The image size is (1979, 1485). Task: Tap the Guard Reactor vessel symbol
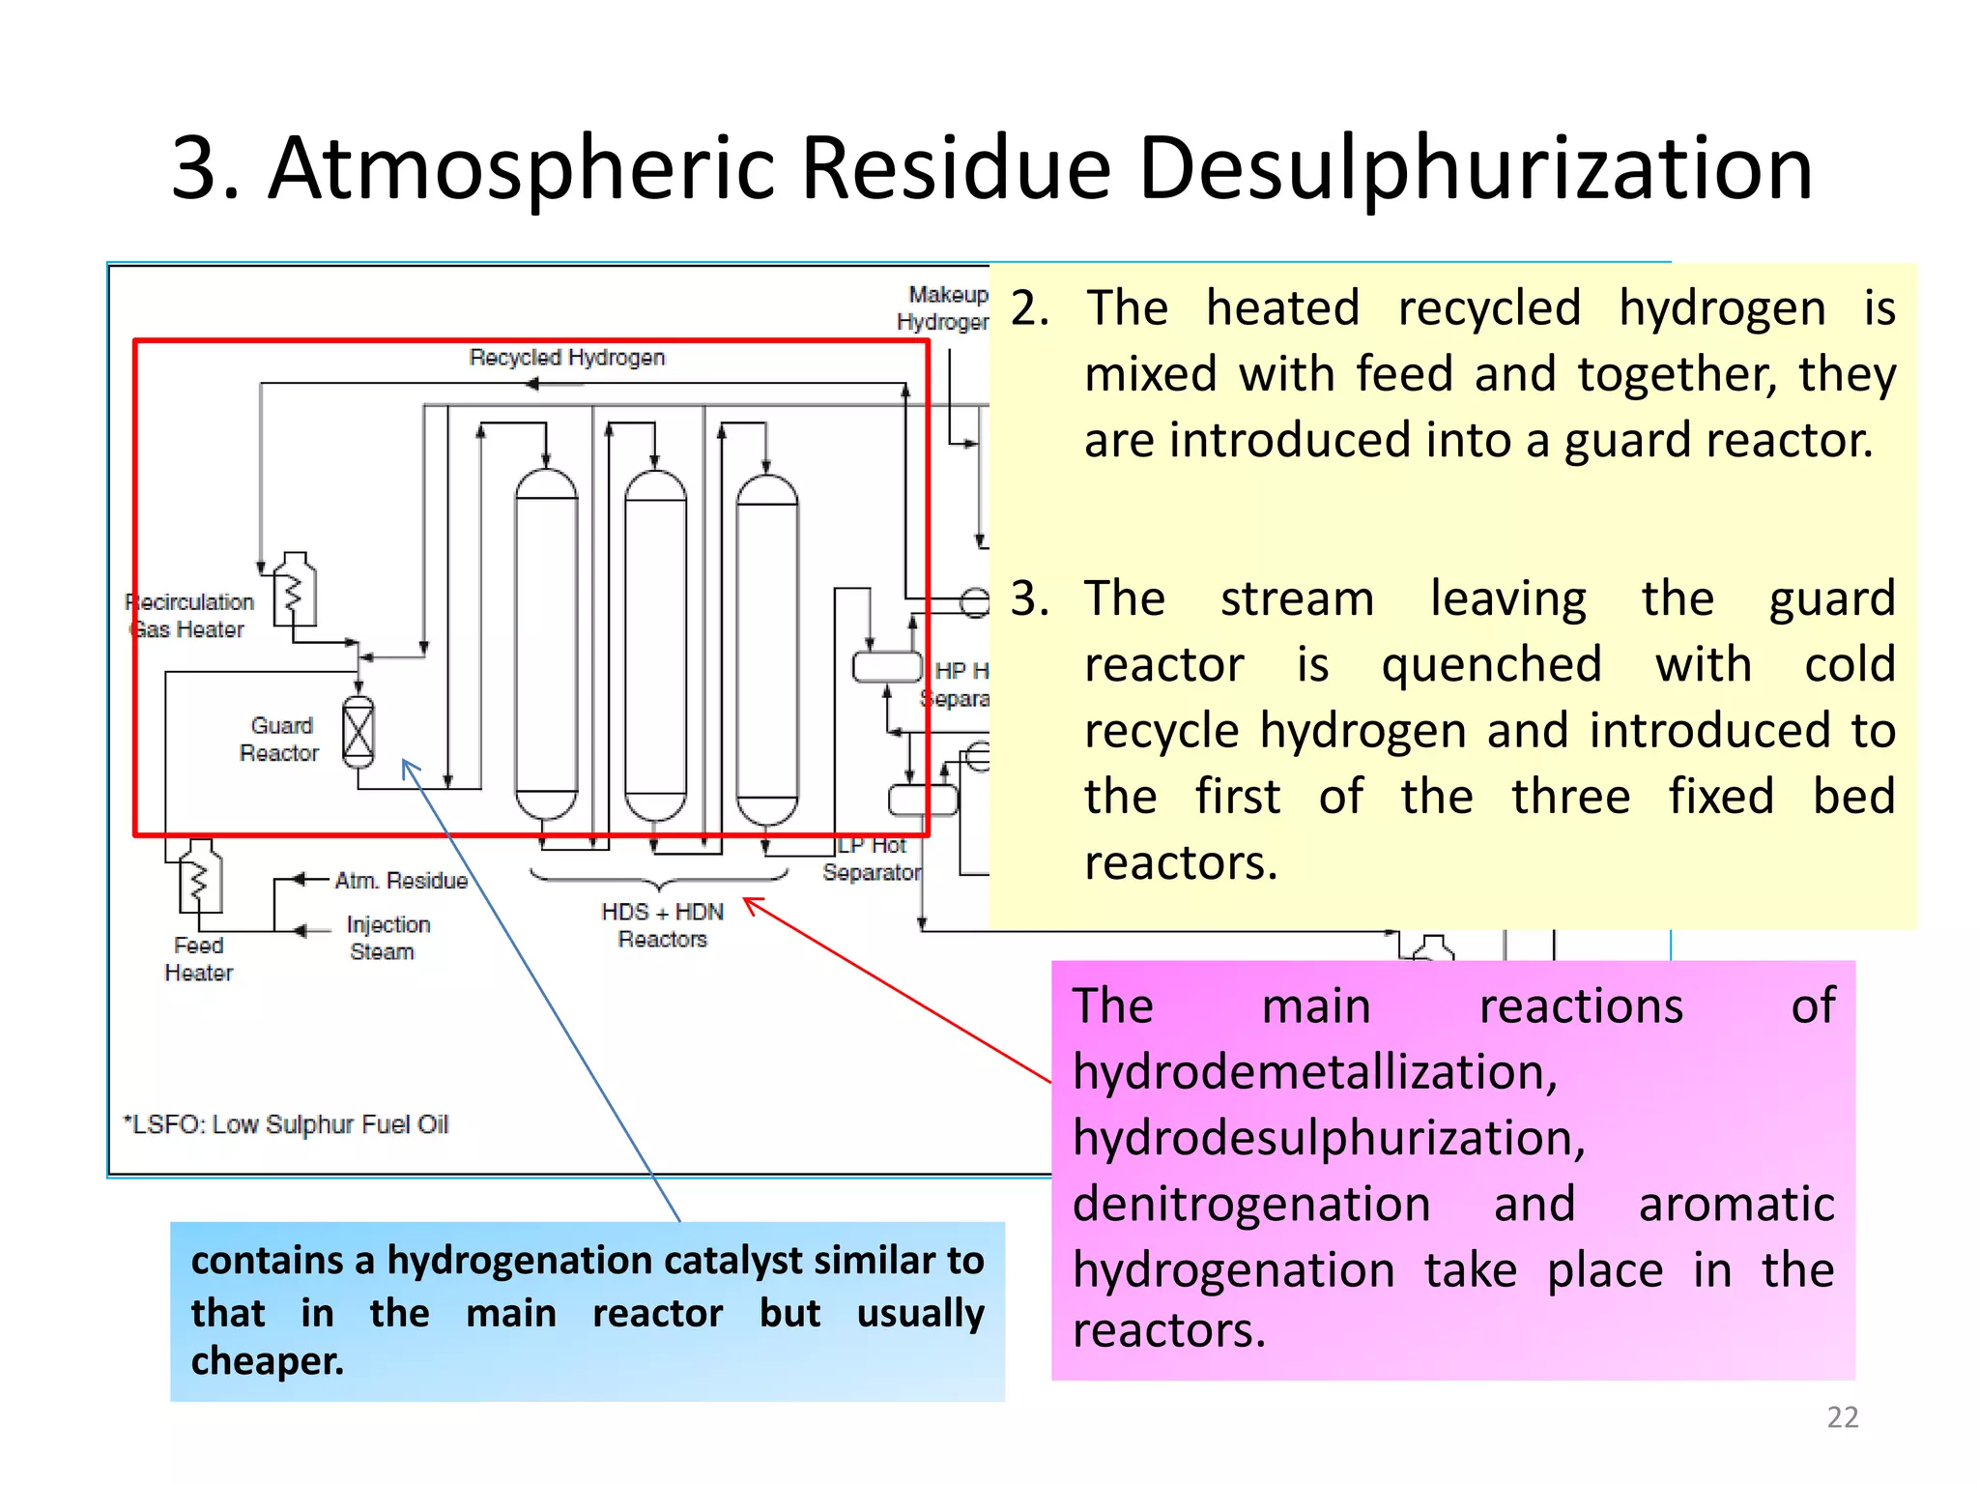(x=359, y=732)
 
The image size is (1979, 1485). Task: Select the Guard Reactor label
(x=279, y=740)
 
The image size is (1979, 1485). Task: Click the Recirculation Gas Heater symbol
(x=294, y=589)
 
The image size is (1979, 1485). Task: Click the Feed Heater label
(x=199, y=959)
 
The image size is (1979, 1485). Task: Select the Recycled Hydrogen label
(x=567, y=358)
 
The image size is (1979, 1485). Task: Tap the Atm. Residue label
(x=401, y=881)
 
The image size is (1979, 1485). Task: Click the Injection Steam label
(x=387, y=938)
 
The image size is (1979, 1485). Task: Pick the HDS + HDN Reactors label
(x=662, y=925)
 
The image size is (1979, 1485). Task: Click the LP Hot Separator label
(x=872, y=859)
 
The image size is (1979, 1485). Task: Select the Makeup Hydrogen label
(x=944, y=307)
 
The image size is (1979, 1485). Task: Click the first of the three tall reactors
(x=546, y=643)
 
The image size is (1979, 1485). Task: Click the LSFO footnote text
(x=287, y=1124)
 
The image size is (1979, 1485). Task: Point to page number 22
(x=1842, y=1417)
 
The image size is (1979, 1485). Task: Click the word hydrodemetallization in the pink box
(x=1314, y=1072)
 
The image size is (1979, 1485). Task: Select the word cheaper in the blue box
(x=267, y=1361)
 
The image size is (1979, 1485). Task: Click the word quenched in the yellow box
(x=1491, y=665)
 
